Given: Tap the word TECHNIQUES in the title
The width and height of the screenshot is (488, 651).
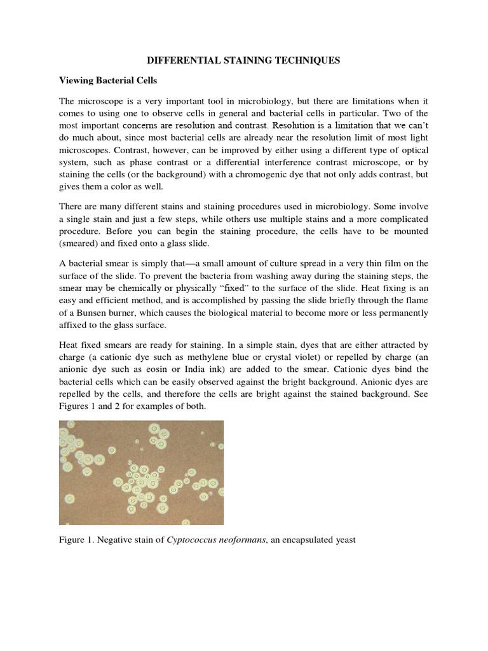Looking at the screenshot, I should (309, 60).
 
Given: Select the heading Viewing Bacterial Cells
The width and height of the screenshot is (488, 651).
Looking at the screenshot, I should (112, 81).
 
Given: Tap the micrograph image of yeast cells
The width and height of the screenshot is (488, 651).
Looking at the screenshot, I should (141, 472).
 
